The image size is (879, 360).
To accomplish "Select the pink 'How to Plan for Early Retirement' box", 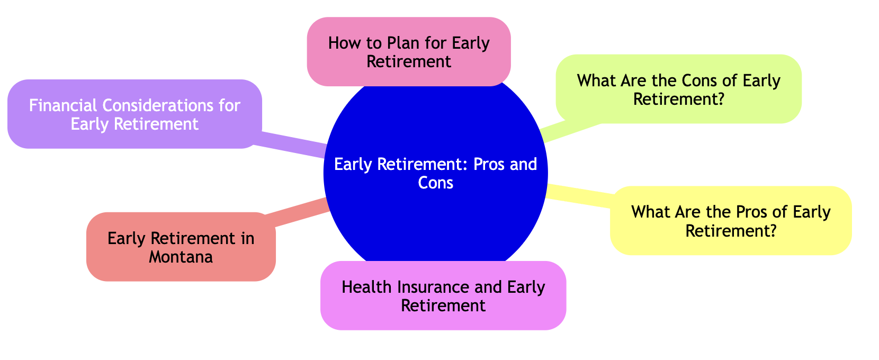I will [408, 51].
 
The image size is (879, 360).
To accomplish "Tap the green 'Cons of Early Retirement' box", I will [678, 89].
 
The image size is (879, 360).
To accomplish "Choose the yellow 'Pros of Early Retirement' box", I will [731, 220].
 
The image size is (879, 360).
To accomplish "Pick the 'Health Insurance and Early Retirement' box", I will [443, 295].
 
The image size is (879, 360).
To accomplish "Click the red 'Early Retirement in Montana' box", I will [181, 247].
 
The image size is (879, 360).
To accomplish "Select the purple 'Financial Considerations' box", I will [134, 114].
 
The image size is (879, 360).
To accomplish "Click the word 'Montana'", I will [181, 257].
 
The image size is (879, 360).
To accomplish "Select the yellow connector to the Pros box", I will [580, 193].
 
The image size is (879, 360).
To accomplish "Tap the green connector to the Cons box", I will [569, 130].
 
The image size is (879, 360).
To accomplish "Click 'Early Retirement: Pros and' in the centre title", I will [435, 164].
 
